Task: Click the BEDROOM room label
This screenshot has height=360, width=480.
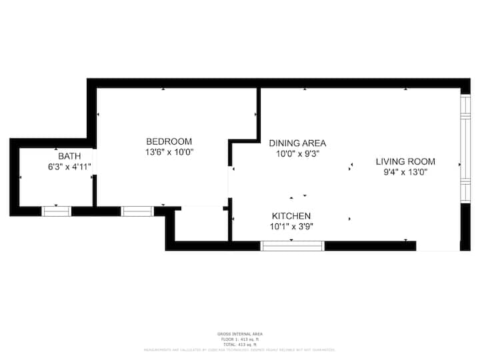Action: (x=169, y=141)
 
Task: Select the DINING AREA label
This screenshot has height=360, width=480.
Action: (x=297, y=143)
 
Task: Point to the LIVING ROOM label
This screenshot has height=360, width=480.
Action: (x=405, y=161)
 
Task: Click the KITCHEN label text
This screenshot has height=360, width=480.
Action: (x=291, y=216)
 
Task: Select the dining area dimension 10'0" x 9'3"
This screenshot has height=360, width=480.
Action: (x=297, y=153)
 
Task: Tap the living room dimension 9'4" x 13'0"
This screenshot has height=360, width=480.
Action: (x=405, y=172)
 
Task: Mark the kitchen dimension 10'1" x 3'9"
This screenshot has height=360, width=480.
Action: (x=291, y=227)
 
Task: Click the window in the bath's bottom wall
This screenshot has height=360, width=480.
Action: (x=57, y=211)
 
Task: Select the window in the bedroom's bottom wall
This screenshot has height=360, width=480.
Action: (x=137, y=211)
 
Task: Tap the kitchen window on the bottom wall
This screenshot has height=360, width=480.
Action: (x=292, y=246)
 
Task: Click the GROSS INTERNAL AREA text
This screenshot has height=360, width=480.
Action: (x=240, y=334)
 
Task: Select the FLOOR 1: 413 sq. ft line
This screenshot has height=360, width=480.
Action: (x=240, y=339)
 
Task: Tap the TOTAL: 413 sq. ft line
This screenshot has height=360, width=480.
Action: (x=240, y=344)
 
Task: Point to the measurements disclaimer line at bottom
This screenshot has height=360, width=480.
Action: (x=240, y=349)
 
